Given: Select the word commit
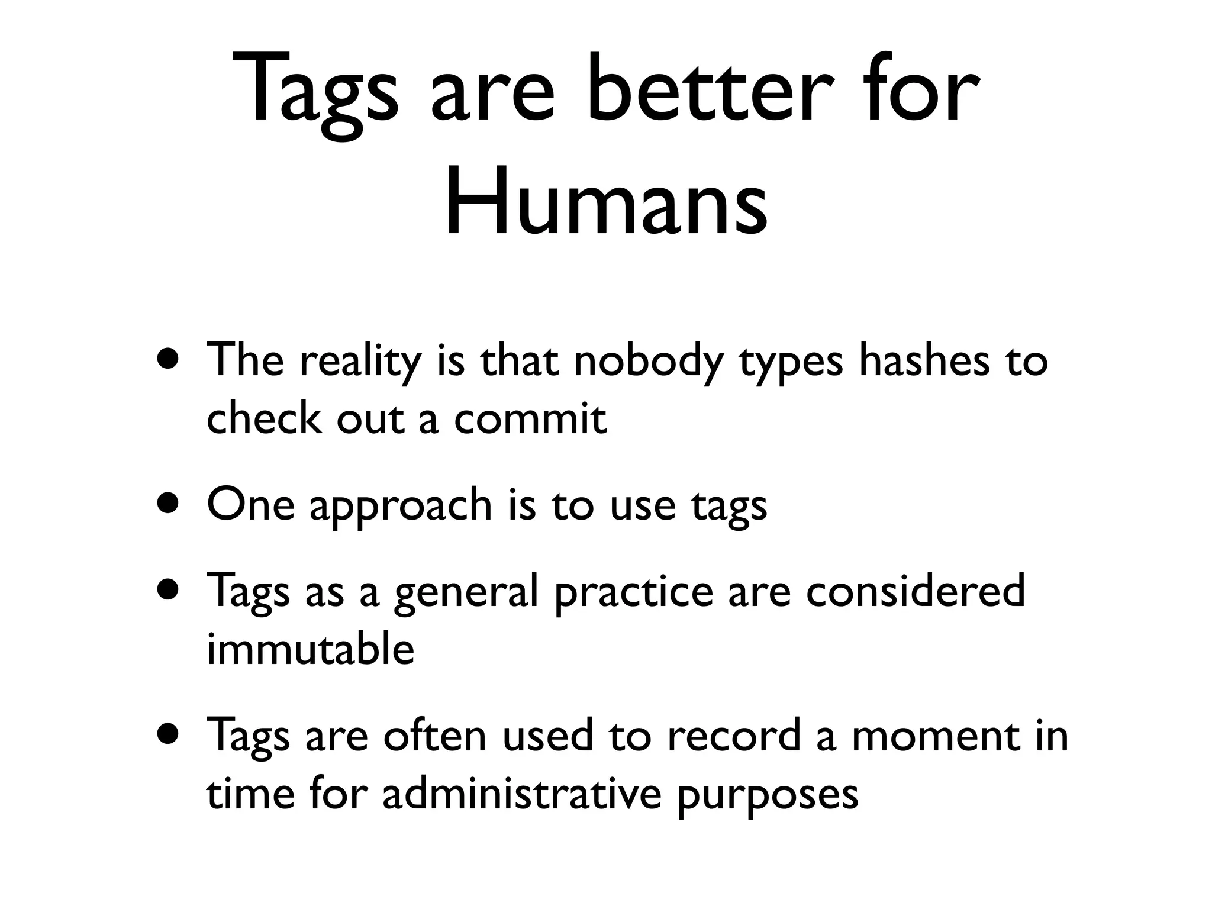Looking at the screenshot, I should (530, 418).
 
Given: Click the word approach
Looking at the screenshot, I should (401, 507).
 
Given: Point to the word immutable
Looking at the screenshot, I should (310, 649).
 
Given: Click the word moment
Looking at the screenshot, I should (936, 737).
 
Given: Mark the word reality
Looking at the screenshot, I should (360, 362).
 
